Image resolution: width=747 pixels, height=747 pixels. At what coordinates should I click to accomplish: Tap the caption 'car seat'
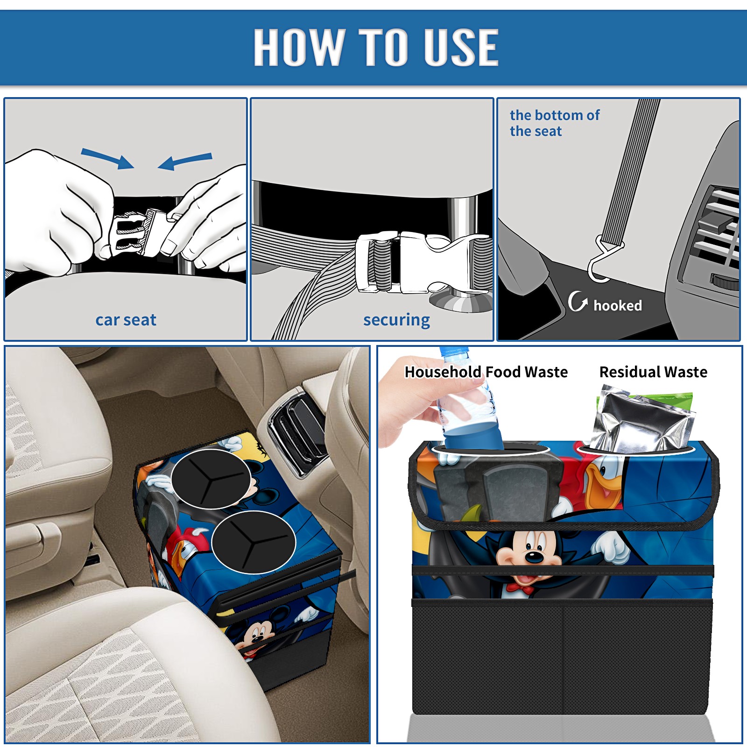click(126, 320)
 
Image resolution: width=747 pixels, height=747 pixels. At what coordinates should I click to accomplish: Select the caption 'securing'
click(396, 320)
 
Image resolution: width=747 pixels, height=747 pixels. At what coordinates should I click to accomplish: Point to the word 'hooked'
click(618, 305)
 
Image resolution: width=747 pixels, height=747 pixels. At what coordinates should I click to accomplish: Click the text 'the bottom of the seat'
click(555, 123)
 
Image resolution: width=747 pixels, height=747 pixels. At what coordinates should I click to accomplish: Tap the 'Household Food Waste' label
click(486, 372)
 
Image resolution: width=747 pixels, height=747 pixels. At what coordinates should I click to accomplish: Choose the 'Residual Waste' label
click(653, 372)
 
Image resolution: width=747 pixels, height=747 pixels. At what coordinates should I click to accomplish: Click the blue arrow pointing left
click(185, 162)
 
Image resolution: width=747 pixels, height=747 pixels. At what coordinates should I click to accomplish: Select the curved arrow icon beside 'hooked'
click(578, 302)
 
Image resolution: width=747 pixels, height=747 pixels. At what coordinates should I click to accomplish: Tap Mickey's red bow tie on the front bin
click(521, 589)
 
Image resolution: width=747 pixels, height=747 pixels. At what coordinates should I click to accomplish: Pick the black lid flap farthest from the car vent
click(254, 542)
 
